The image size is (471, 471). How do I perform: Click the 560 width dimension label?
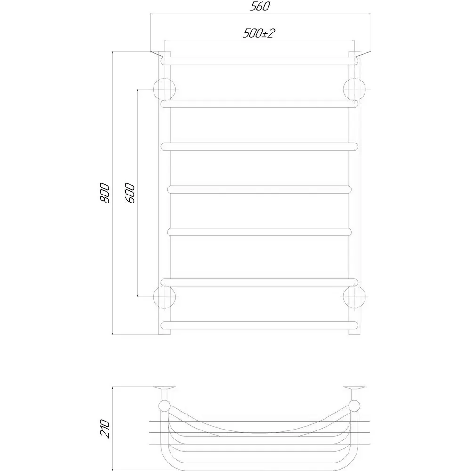tap(260, 6)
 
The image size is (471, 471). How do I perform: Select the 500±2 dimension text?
tap(259, 33)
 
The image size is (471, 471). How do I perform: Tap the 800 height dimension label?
tap(105, 193)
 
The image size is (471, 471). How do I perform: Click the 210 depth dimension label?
tap(105, 428)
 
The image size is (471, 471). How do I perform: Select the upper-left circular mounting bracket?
tap(164, 89)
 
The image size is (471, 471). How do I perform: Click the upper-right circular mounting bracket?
tap(355, 89)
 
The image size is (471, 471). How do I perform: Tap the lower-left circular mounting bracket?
tap(164, 297)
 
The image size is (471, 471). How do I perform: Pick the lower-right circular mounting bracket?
tap(355, 297)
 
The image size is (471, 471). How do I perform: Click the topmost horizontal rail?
tap(260, 61)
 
